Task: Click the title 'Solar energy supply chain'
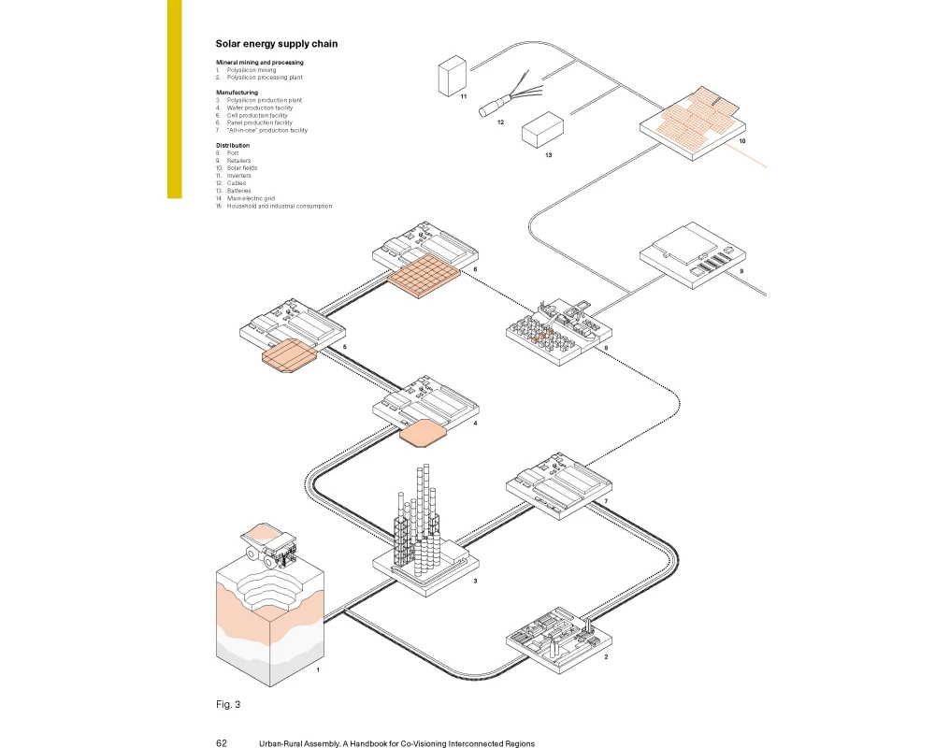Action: pyautogui.click(x=277, y=44)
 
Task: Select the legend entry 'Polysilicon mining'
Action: pyautogui.click(x=251, y=70)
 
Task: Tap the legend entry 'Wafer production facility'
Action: pyautogui.click(x=259, y=108)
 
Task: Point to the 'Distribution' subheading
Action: pyautogui.click(x=233, y=146)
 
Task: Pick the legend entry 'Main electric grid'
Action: pyautogui.click(x=251, y=198)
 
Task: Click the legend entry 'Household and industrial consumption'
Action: pyautogui.click(x=279, y=207)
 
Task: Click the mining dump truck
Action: pyautogui.click(x=269, y=545)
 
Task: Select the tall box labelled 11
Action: pyautogui.click(x=453, y=76)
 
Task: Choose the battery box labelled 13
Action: pyautogui.click(x=542, y=129)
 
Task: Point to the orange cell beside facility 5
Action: pyautogui.click(x=289, y=355)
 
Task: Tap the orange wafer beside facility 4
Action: pyautogui.click(x=423, y=433)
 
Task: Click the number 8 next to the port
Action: pyautogui.click(x=607, y=348)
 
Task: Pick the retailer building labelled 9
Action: pyautogui.click(x=692, y=256)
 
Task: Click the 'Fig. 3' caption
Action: pyautogui.click(x=228, y=704)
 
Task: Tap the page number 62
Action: pyautogui.click(x=222, y=743)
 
